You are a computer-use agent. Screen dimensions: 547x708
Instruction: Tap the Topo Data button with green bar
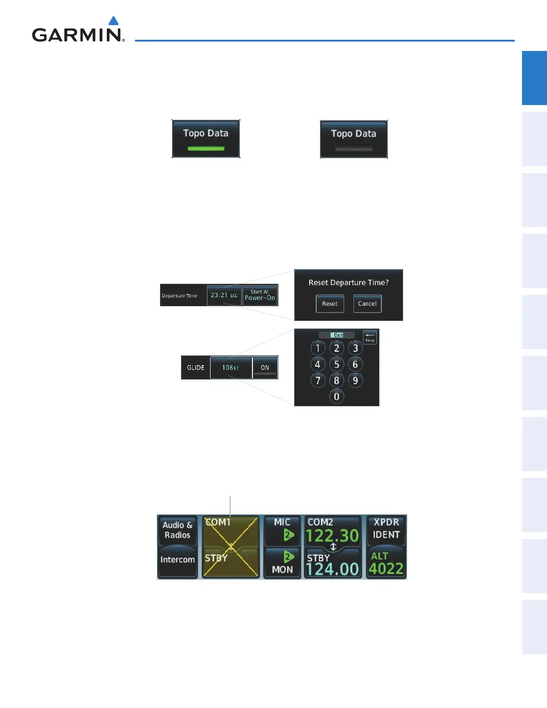[206, 139]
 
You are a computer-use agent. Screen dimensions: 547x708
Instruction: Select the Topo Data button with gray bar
[354, 139]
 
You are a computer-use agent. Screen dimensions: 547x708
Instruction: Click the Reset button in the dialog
[330, 303]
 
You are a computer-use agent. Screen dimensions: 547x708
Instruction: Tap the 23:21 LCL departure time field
[224, 295]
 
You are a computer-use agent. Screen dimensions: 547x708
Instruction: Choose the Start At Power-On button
[260, 295]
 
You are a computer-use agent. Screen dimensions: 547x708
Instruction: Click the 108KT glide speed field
[231, 367]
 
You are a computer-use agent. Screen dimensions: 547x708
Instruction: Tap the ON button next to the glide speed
[265, 367]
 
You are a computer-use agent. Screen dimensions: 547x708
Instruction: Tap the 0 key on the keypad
[337, 396]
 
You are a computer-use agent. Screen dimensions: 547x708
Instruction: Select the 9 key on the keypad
[355, 380]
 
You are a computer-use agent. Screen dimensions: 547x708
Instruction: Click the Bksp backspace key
[370, 337]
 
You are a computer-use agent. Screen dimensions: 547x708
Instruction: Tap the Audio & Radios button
[177, 530]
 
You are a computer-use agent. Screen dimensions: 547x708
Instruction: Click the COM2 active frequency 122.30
[332, 535]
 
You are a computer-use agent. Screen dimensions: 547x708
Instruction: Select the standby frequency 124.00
[332, 569]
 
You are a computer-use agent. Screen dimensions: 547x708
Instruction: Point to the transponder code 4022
[386, 569]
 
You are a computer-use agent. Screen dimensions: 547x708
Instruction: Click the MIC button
[282, 530]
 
